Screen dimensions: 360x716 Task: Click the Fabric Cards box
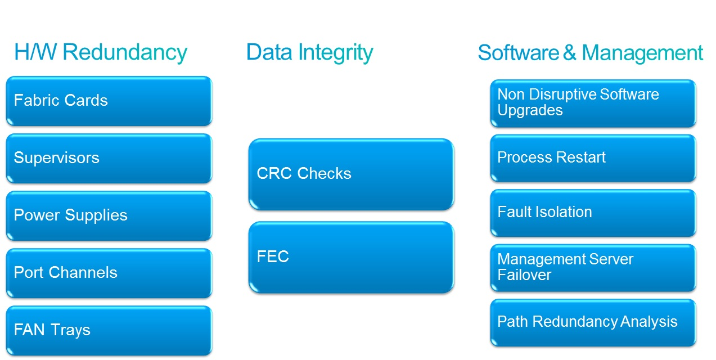click(x=109, y=101)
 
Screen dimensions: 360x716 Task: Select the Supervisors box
click(x=109, y=159)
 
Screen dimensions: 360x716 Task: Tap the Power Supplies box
click(x=109, y=216)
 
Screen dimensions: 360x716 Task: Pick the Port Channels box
click(x=109, y=273)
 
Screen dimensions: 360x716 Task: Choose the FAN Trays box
click(x=109, y=331)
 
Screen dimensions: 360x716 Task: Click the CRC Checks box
click(x=351, y=174)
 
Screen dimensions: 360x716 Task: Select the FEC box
click(x=351, y=258)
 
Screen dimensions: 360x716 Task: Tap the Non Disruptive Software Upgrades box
click(x=593, y=103)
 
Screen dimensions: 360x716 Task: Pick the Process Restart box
click(x=593, y=158)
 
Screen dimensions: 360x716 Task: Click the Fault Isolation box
click(x=593, y=213)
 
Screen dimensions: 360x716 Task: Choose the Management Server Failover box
click(x=593, y=268)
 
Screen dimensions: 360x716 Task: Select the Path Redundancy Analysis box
click(x=593, y=322)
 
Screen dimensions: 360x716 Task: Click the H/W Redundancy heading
click(x=100, y=52)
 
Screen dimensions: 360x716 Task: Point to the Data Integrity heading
click(x=309, y=52)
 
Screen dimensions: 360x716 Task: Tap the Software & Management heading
click(x=590, y=53)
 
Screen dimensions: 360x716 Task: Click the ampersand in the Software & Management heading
click(x=570, y=53)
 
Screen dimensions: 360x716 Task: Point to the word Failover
click(x=524, y=275)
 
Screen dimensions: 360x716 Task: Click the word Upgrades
click(x=530, y=110)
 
